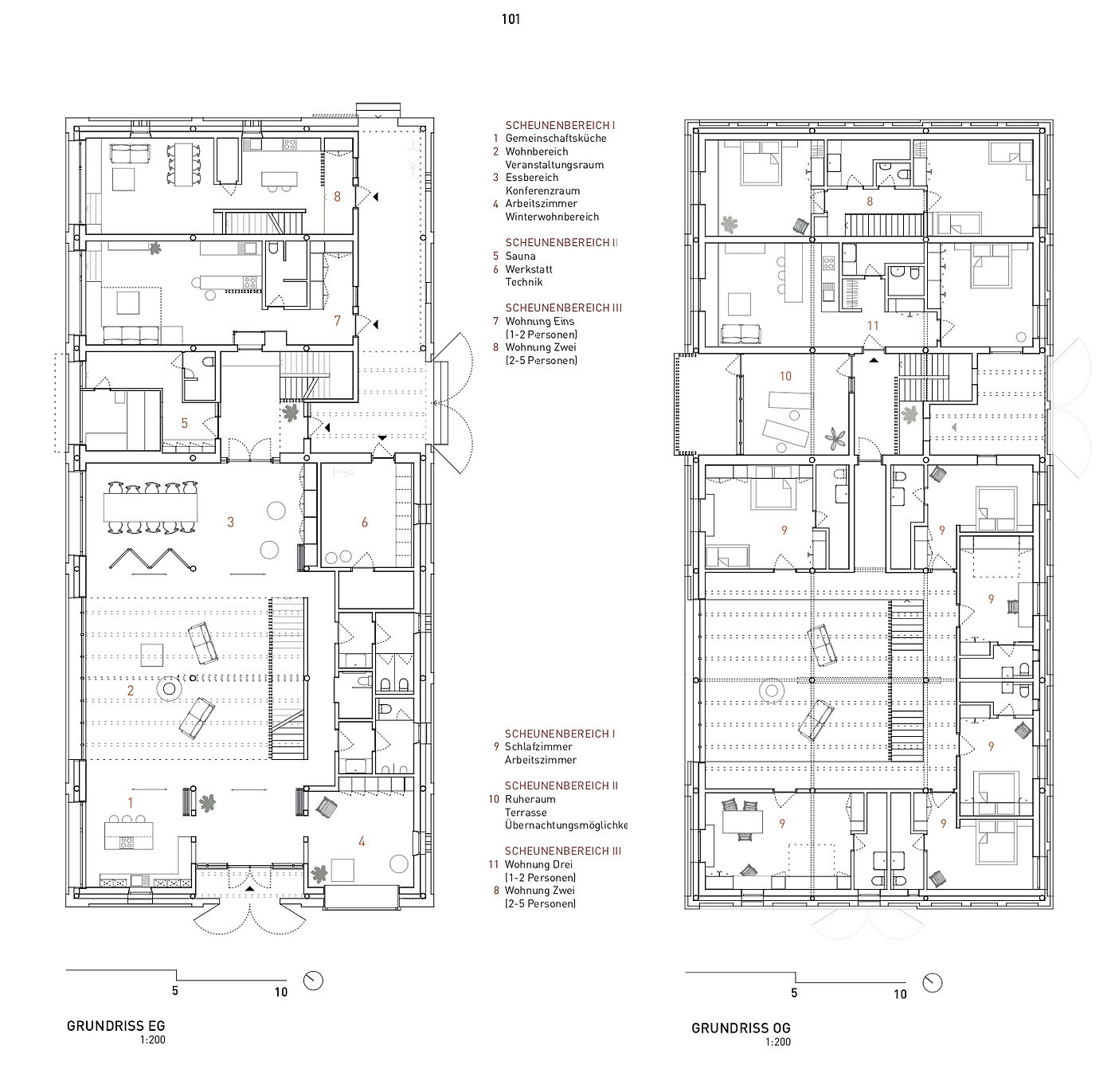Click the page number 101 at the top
511,19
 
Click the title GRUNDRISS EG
115,1026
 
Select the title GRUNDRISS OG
741,1028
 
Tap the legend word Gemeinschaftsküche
556,138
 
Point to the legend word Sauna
520,257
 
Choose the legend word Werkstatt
529,269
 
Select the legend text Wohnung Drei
538,864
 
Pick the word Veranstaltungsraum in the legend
554,165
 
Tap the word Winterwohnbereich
553,217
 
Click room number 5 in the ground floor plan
185,423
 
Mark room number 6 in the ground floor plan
365,522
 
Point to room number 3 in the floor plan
230,522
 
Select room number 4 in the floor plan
362,841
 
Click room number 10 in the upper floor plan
785,376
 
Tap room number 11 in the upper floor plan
873,326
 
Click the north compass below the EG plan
314,981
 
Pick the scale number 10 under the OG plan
900,994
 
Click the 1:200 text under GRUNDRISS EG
152,1040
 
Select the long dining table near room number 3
151,507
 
